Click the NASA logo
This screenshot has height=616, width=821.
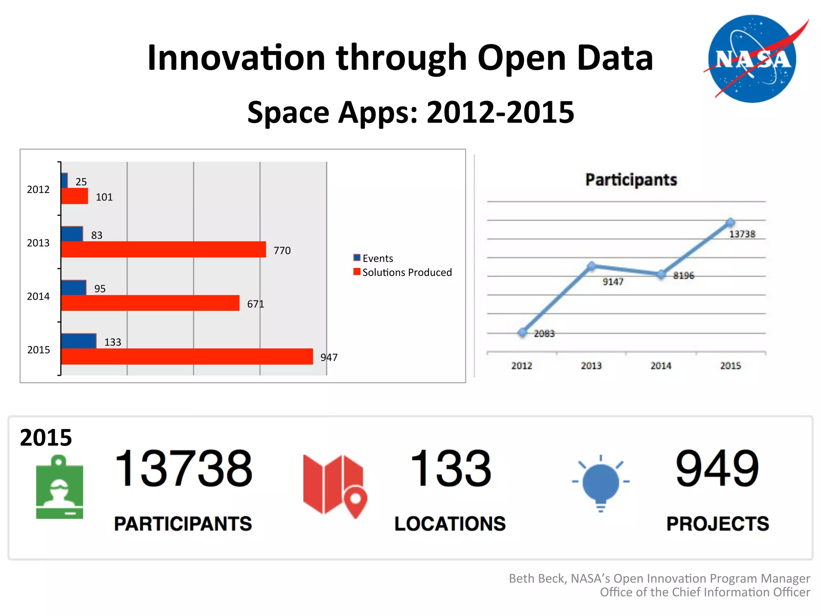(752, 59)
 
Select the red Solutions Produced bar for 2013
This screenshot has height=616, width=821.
(164, 249)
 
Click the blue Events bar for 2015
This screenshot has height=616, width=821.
(79, 341)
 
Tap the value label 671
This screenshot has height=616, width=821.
(255, 304)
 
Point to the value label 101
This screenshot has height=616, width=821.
(104, 197)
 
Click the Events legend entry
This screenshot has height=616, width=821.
(373, 258)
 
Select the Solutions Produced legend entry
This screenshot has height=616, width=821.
(402, 272)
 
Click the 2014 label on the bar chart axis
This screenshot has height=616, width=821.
(38, 296)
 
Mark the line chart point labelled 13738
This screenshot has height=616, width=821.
(730, 222)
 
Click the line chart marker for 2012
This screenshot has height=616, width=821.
(522, 332)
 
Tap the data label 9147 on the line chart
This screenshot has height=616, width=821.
(613, 282)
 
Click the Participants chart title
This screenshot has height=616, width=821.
(631, 180)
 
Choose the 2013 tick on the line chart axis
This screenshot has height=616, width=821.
(591, 366)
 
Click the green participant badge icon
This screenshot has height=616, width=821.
(60, 487)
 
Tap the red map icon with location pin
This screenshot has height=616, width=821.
(335, 485)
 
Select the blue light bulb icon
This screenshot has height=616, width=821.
(601, 483)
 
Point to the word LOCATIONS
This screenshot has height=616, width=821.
(450, 524)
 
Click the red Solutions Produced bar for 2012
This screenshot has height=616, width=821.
(75, 196)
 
